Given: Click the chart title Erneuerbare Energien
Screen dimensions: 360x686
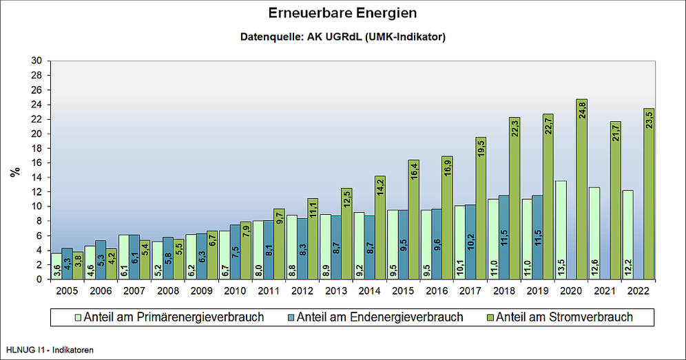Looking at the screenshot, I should tap(342, 13).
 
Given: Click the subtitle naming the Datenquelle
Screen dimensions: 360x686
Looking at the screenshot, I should tap(342, 36).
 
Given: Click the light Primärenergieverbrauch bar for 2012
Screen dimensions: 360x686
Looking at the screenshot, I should tap(292, 247).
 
